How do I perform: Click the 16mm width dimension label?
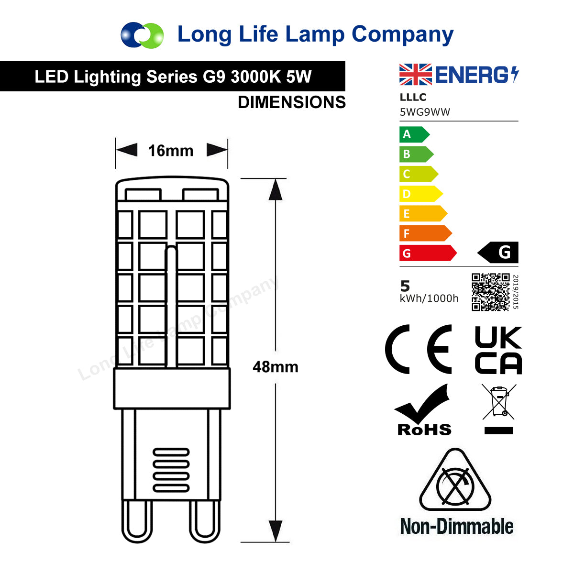click(171, 151)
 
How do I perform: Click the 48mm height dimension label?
click(275, 367)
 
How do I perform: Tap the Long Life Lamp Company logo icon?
click(142, 35)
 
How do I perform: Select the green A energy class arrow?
click(414, 134)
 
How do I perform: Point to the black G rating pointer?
click(498, 253)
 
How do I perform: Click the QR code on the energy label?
click(490, 292)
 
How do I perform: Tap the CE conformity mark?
click(419, 349)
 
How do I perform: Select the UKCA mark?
click(498, 350)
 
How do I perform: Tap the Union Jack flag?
click(415, 75)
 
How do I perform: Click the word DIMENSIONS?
click(291, 102)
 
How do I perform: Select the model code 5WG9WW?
click(425, 112)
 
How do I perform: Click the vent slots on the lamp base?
click(171, 470)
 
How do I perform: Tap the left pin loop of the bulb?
click(136, 521)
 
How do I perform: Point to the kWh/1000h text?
click(429, 298)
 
